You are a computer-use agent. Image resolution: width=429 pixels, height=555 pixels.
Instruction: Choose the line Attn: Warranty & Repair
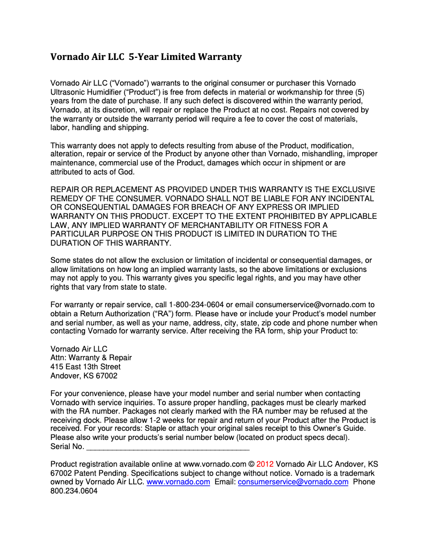[91, 358]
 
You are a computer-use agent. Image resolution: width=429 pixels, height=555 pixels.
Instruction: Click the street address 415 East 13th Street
[86, 367]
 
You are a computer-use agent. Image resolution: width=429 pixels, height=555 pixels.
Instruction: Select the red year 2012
[265, 464]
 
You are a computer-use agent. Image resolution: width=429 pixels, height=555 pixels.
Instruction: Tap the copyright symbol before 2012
[251, 464]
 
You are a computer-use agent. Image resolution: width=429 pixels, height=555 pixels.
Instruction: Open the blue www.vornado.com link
[178, 482]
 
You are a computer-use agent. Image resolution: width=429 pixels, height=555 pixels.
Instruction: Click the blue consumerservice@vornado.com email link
[293, 482]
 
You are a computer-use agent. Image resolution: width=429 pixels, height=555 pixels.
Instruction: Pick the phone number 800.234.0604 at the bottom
[74, 491]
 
